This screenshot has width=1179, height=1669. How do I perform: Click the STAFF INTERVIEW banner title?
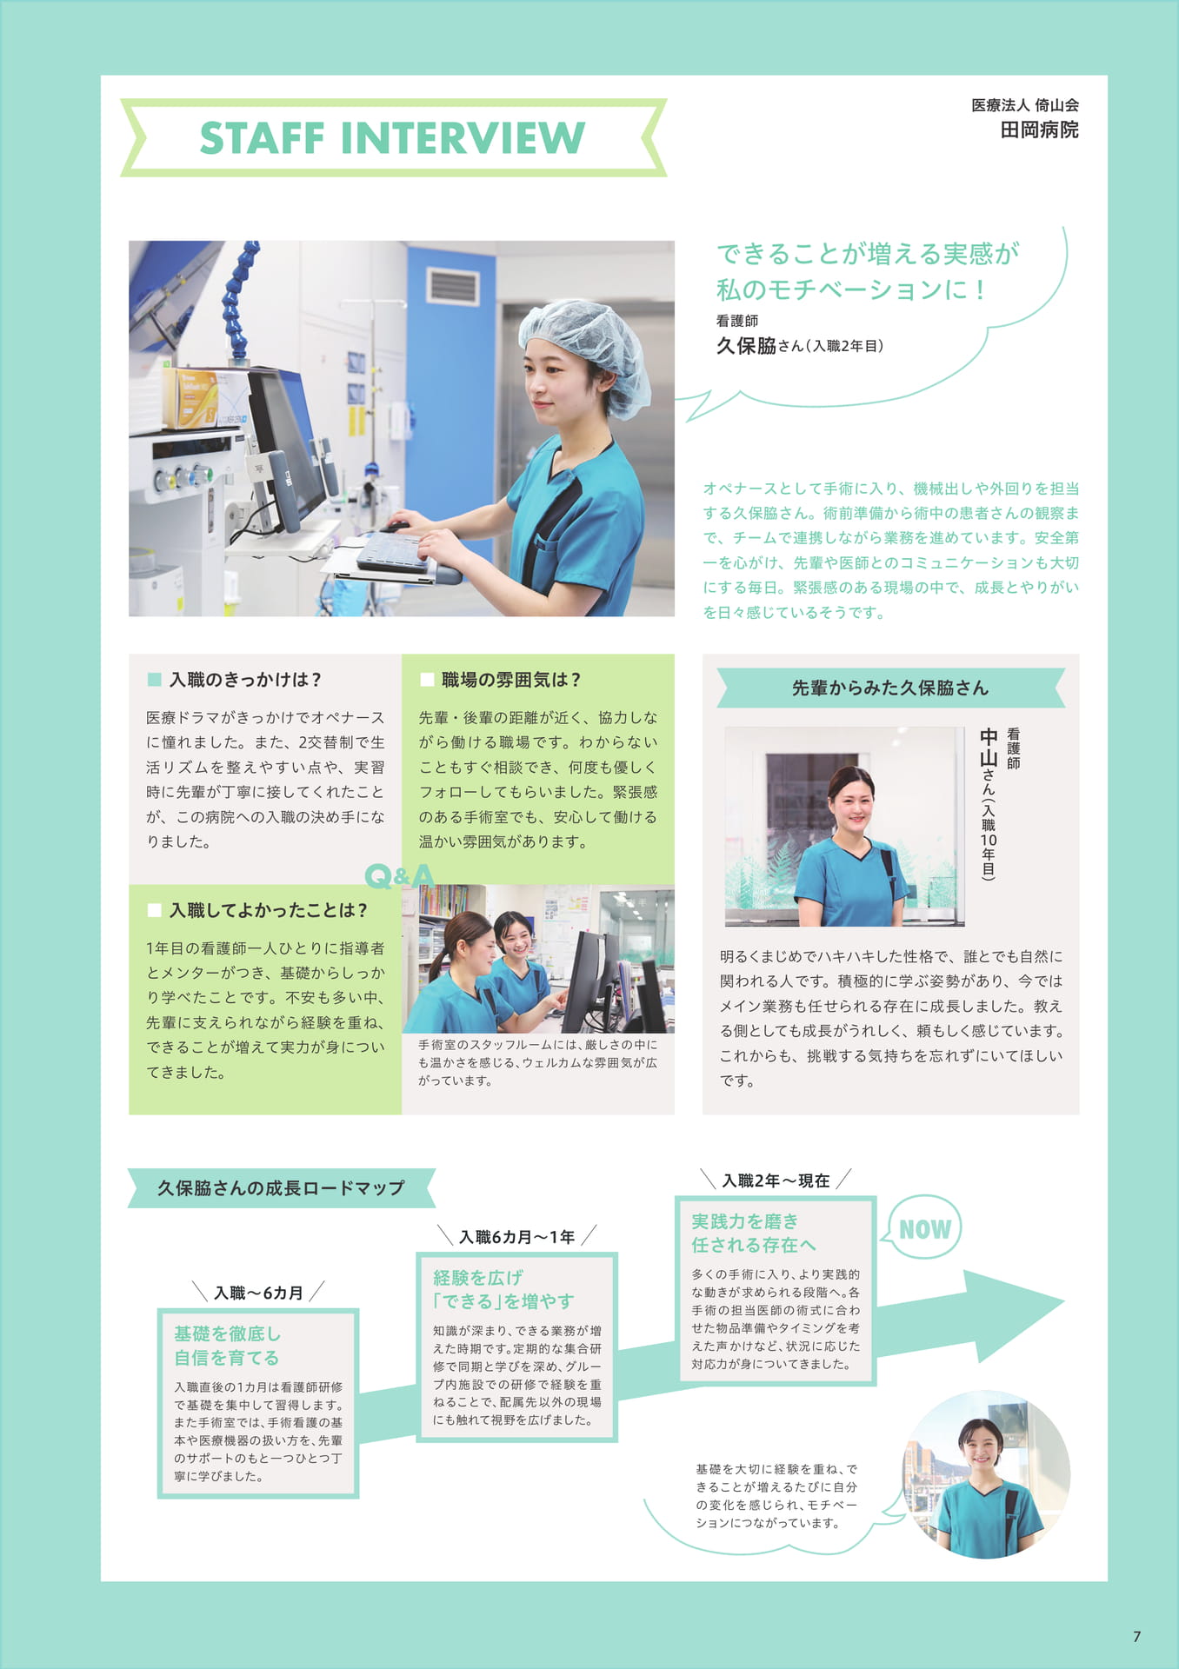click(x=393, y=138)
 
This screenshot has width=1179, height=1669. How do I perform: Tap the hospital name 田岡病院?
click(x=1039, y=130)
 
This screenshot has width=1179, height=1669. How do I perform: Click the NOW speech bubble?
click(x=924, y=1228)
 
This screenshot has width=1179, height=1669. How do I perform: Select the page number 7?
click(x=1136, y=1636)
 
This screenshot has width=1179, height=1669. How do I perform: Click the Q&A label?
click(x=399, y=875)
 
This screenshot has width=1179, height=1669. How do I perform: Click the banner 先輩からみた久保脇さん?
click(x=890, y=688)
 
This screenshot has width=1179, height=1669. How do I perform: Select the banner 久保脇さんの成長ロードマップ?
click(x=281, y=1187)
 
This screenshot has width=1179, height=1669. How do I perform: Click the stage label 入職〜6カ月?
click(x=258, y=1293)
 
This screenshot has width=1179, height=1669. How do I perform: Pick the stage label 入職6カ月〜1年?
click(x=516, y=1236)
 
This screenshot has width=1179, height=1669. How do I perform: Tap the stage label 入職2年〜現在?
click(x=776, y=1180)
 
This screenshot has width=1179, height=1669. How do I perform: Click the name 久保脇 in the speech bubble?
click(x=746, y=346)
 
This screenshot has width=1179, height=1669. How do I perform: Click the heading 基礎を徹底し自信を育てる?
click(x=227, y=1346)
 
